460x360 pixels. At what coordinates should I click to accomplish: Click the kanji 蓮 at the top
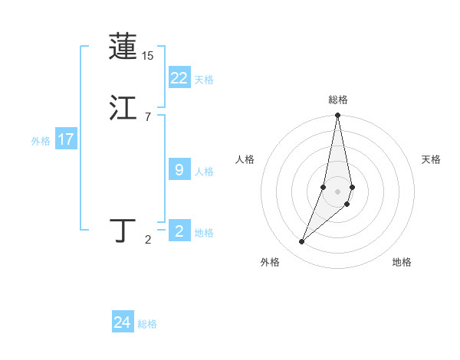[x=123, y=47]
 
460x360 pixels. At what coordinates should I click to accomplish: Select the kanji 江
[x=123, y=108]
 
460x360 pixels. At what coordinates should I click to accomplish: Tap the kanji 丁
[x=123, y=231]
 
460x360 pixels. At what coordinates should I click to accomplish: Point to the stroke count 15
[x=147, y=56]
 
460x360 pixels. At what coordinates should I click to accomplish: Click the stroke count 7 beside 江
[x=147, y=117]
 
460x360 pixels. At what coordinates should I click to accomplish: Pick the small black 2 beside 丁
[x=147, y=240]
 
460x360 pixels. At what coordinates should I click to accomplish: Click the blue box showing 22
[x=179, y=78]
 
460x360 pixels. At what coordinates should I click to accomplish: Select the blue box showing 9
[x=179, y=170]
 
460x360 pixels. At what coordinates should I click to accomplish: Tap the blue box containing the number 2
[x=179, y=231]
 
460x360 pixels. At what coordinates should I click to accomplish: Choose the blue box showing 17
[x=65, y=139]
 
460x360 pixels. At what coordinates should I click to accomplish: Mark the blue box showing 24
[x=122, y=322]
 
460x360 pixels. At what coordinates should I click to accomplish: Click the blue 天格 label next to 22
[x=204, y=80]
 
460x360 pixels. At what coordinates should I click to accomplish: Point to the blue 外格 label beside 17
[x=41, y=141]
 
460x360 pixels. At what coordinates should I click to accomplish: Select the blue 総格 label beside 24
[x=147, y=324]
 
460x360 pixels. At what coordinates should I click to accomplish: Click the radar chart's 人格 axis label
[x=245, y=159]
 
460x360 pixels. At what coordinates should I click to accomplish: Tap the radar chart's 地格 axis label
[x=402, y=262]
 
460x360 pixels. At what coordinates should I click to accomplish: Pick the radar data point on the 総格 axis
[x=337, y=116]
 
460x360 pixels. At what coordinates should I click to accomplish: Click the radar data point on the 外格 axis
[x=301, y=242]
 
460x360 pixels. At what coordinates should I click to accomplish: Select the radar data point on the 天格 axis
[x=352, y=187]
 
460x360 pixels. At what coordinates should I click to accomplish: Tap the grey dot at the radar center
[x=337, y=191]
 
